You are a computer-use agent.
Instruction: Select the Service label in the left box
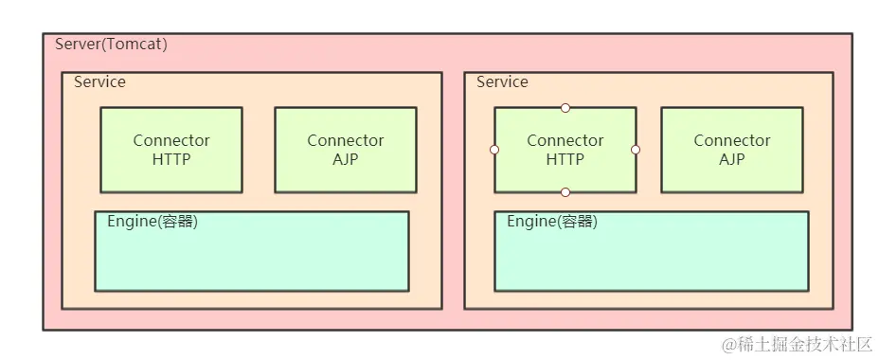click(x=99, y=81)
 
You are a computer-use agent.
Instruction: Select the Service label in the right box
click(x=502, y=81)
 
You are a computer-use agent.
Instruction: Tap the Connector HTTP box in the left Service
click(x=171, y=150)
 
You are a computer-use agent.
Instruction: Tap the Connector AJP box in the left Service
click(x=346, y=150)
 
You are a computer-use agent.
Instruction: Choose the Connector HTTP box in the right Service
click(x=565, y=150)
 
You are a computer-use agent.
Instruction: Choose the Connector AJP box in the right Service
click(x=732, y=150)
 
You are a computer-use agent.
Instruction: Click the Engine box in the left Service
click(x=252, y=251)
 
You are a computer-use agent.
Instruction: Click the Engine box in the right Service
click(x=652, y=251)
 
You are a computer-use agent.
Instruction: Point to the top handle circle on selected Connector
click(x=565, y=107)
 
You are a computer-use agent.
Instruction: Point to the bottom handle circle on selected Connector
click(x=565, y=192)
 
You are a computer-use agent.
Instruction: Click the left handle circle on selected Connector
click(x=494, y=150)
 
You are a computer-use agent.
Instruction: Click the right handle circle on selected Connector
click(x=636, y=150)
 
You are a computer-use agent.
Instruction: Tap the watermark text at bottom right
click(x=797, y=343)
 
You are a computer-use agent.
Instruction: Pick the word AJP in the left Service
click(x=346, y=159)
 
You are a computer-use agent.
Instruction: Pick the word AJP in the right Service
click(x=732, y=159)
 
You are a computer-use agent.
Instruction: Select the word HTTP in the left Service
click(x=171, y=159)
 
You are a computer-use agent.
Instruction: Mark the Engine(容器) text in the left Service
click(x=152, y=222)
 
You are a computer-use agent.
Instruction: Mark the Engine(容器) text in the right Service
click(x=552, y=222)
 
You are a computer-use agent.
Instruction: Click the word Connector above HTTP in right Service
click(x=565, y=140)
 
